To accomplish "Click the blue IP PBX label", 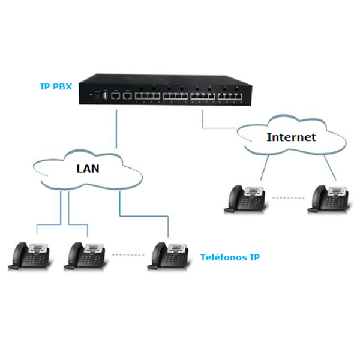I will [56, 87].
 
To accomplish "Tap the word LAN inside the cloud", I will [88, 168].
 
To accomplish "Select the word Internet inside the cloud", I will [290, 137].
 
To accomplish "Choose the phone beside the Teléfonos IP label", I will [167, 254].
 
